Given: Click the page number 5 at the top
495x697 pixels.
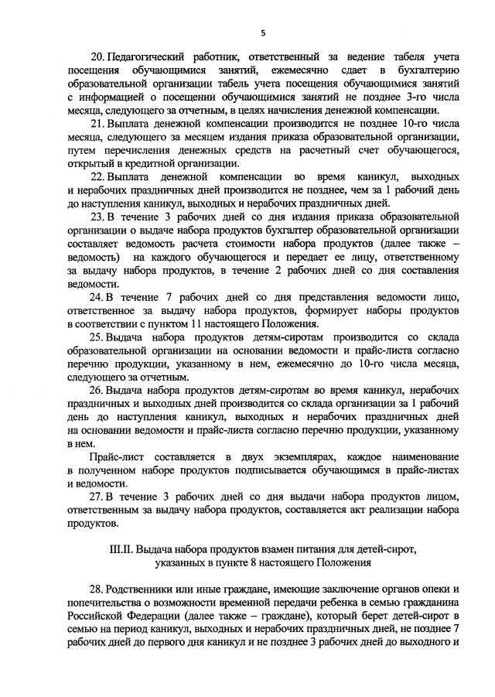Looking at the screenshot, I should point(263,32).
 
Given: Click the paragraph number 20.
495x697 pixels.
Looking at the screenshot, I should point(98,58).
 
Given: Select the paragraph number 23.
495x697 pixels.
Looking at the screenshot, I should point(98,216).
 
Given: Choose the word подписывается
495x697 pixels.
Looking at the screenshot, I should point(285,470).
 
